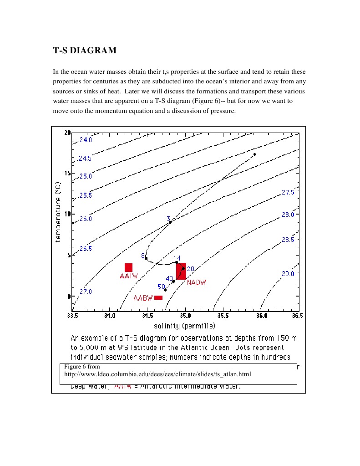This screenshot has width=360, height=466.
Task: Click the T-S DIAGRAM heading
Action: click(85, 51)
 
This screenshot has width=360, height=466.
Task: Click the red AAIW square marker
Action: click(128, 267)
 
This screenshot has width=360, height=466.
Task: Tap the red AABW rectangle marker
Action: click(158, 298)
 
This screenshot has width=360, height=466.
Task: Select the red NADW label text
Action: click(196, 282)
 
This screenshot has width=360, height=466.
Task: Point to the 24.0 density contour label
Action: click(86, 140)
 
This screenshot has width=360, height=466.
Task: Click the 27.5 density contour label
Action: click(288, 193)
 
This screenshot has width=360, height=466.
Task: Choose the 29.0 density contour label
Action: click(288, 274)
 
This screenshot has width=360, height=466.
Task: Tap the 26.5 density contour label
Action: click(86, 249)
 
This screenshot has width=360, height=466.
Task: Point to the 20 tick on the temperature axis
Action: click(67, 133)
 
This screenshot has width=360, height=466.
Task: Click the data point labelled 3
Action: click(170, 222)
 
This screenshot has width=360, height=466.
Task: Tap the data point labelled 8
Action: click(146, 258)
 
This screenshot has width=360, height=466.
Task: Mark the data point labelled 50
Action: click(165, 290)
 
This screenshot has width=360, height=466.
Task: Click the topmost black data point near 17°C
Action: click(255, 154)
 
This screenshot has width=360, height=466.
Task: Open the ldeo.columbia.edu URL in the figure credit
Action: click(157, 374)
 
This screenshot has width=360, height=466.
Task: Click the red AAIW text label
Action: click(129, 276)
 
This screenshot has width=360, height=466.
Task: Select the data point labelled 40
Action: click(173, 282)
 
